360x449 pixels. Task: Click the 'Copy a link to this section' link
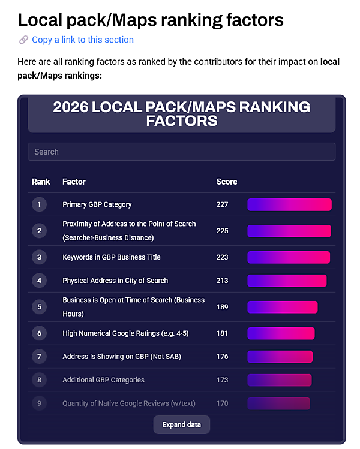(83, 40)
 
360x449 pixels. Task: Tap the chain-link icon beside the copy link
(23, 40)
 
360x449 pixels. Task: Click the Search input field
(181, 152)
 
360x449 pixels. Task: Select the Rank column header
(41, 182)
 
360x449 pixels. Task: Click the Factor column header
(74, 182)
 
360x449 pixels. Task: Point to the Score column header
(226, 182)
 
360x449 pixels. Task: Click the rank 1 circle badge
(39, 204)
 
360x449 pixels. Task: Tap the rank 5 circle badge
(39, 307)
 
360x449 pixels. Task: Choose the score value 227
(222, 204)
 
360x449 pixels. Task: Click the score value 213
(222, 281)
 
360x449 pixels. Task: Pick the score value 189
(222, 307)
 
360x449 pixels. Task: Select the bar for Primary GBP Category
(289, 204)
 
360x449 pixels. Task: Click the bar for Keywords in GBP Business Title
(289, 257)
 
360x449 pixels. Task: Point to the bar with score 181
(281, 333)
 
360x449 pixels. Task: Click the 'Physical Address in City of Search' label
(115, 281)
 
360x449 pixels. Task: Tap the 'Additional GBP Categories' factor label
(103, 380)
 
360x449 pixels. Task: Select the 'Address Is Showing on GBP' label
(122, 357)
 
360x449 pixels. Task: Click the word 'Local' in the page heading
(40, 19)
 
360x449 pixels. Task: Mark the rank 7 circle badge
(39, 357)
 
